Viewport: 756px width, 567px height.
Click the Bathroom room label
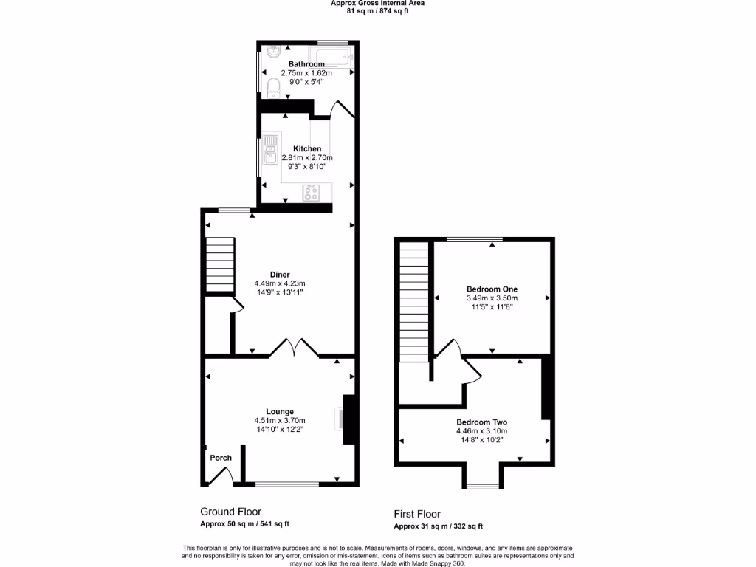pyautogui.click(x=306, y=64)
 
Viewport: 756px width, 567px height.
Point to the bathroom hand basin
pyautogui.click(x=272, y=52)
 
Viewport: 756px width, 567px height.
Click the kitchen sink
pyautogui.click(x=271, y=148)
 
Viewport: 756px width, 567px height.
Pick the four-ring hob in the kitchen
pyautogui.click(x=312, y=193)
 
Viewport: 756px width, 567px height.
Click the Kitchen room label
pyautogui.click(x=307, y=148)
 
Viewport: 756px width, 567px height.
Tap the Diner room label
pyautogui.click(x=279, y=274)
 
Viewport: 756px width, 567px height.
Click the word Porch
pyautogui.click(x=221, y=458)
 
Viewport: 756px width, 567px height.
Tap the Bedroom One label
pyautogui.click(x=492, y=289)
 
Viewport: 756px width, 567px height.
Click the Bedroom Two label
pyautogui.click(x=481, y=422)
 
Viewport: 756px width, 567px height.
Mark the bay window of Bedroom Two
pyautogui.click(x=482, y=485)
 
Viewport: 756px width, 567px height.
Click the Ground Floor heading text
pyautogui.click(x=230, y=512)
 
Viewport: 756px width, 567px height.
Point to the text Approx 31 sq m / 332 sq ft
pyautogui.click(x=438, y=526)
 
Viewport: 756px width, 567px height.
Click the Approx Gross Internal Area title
pyautogui.click(x=377, y=4)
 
